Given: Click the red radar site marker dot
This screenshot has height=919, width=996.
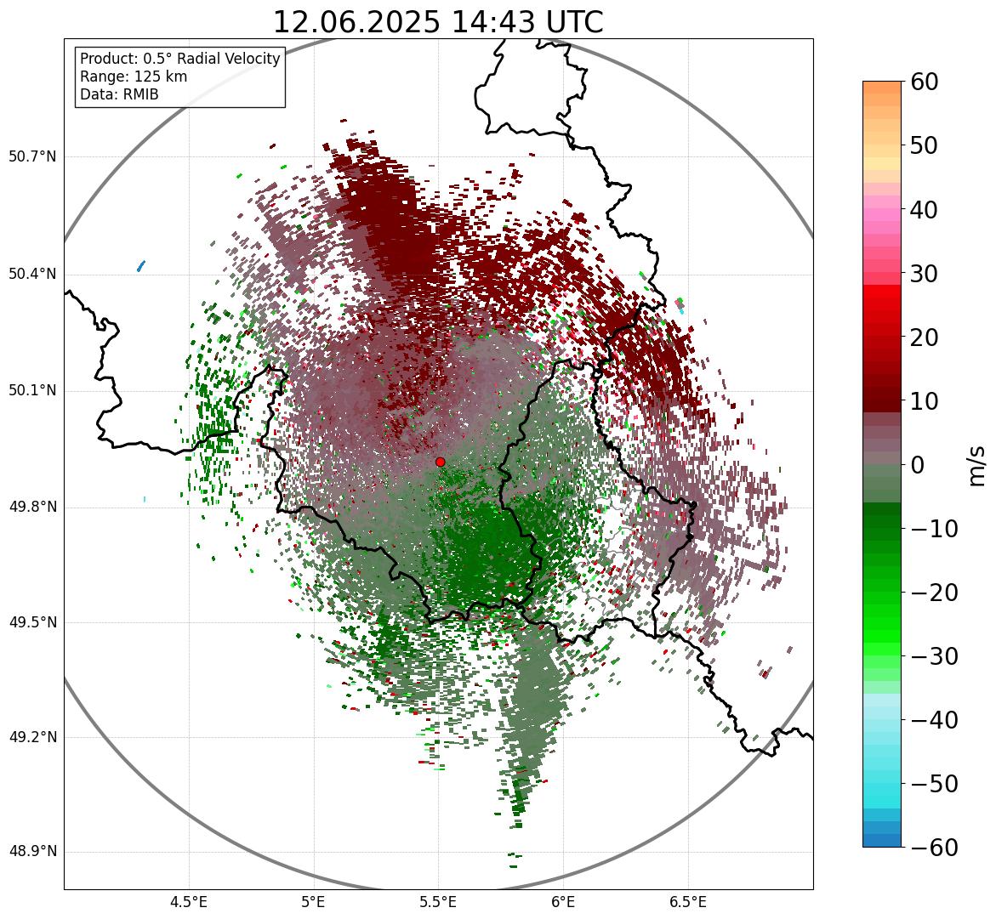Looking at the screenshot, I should (x=440, y=462).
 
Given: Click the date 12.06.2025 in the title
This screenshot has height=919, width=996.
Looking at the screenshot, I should (x=356, y=22).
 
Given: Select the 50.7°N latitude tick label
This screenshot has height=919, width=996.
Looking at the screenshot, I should (x=32, y=157).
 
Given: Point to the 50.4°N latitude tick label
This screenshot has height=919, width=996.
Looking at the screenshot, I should (x=32, y=275).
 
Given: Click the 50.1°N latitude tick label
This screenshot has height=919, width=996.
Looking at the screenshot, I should (x=32, y=391).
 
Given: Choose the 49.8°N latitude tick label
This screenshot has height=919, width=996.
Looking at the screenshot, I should (x=32, y=508).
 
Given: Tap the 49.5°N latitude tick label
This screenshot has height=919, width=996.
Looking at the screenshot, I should (x=32, y=622).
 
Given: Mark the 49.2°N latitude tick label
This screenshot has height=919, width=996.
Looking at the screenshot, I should (x=32, y=737).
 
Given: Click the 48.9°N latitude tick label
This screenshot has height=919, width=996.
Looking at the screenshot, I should (x=32, y=852).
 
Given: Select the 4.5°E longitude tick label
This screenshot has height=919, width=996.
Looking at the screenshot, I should (x=189, y=903).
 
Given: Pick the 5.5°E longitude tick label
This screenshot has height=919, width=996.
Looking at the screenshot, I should (x=438, y=903).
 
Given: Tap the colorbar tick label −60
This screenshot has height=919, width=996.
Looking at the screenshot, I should (x=935, y=848).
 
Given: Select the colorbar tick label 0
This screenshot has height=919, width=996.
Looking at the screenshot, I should (x=918, y=465).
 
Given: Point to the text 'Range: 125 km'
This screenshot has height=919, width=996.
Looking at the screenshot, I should (x=134, y=77).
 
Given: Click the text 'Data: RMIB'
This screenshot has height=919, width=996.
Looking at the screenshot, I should (x=119, y=94).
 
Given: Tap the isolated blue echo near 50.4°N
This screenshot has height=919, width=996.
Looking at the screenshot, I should (x=141, y=266).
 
